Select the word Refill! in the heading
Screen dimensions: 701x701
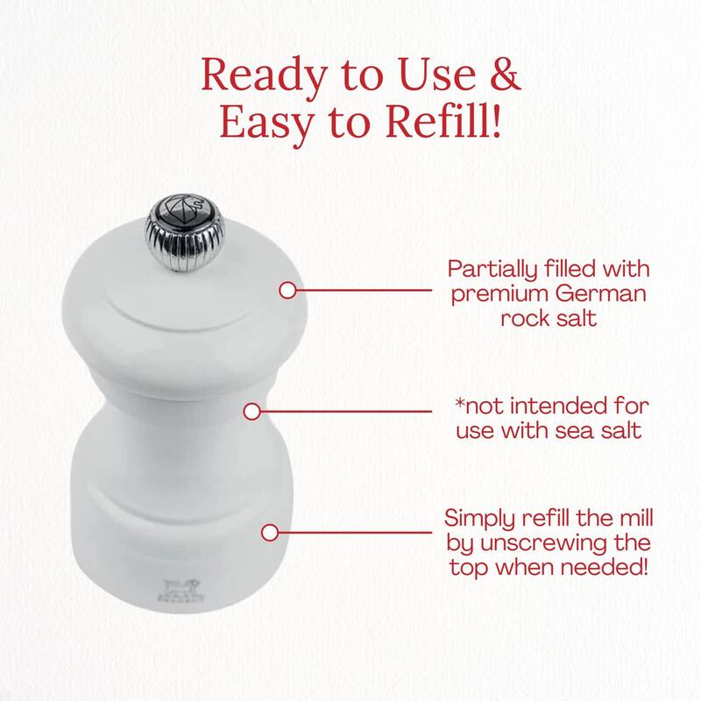click(x=443, y=121)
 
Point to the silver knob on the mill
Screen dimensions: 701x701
click(x=185, y=233)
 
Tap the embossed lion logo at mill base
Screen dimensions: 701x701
click(x=181, y=591)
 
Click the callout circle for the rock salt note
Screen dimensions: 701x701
click(x=288, y=291)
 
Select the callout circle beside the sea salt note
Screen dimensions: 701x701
click(x=252, y=412)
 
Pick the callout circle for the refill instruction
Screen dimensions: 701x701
click(x=270, y=533)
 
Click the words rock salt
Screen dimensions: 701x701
click(x=549, y=319)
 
